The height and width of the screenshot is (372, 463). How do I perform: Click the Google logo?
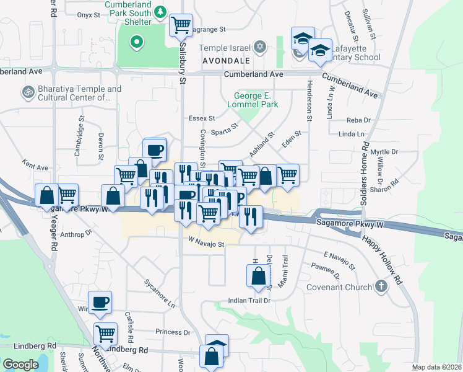click(x=20, y=365)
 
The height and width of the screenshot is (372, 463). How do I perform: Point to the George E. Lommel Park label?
click(x=254, y=101)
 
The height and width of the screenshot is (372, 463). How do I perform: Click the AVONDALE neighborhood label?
click(x=226, y=61)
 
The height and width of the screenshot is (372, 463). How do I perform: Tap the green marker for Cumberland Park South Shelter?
click(x=136, y=43)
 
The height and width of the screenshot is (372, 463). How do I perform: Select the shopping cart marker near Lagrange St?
click(x=181, y=25)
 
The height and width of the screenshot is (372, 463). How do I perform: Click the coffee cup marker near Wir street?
click(x=100, y=302)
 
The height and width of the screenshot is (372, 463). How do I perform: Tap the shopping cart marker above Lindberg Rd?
click(x=105, y=334)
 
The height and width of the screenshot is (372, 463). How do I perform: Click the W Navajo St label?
click(x=206, y=244)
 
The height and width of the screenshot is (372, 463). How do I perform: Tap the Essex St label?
click(x=202, y=118)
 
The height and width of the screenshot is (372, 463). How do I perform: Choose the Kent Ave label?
click(x=35, y=167)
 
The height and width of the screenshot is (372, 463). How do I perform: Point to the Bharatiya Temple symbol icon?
click(x=27, y=92)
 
